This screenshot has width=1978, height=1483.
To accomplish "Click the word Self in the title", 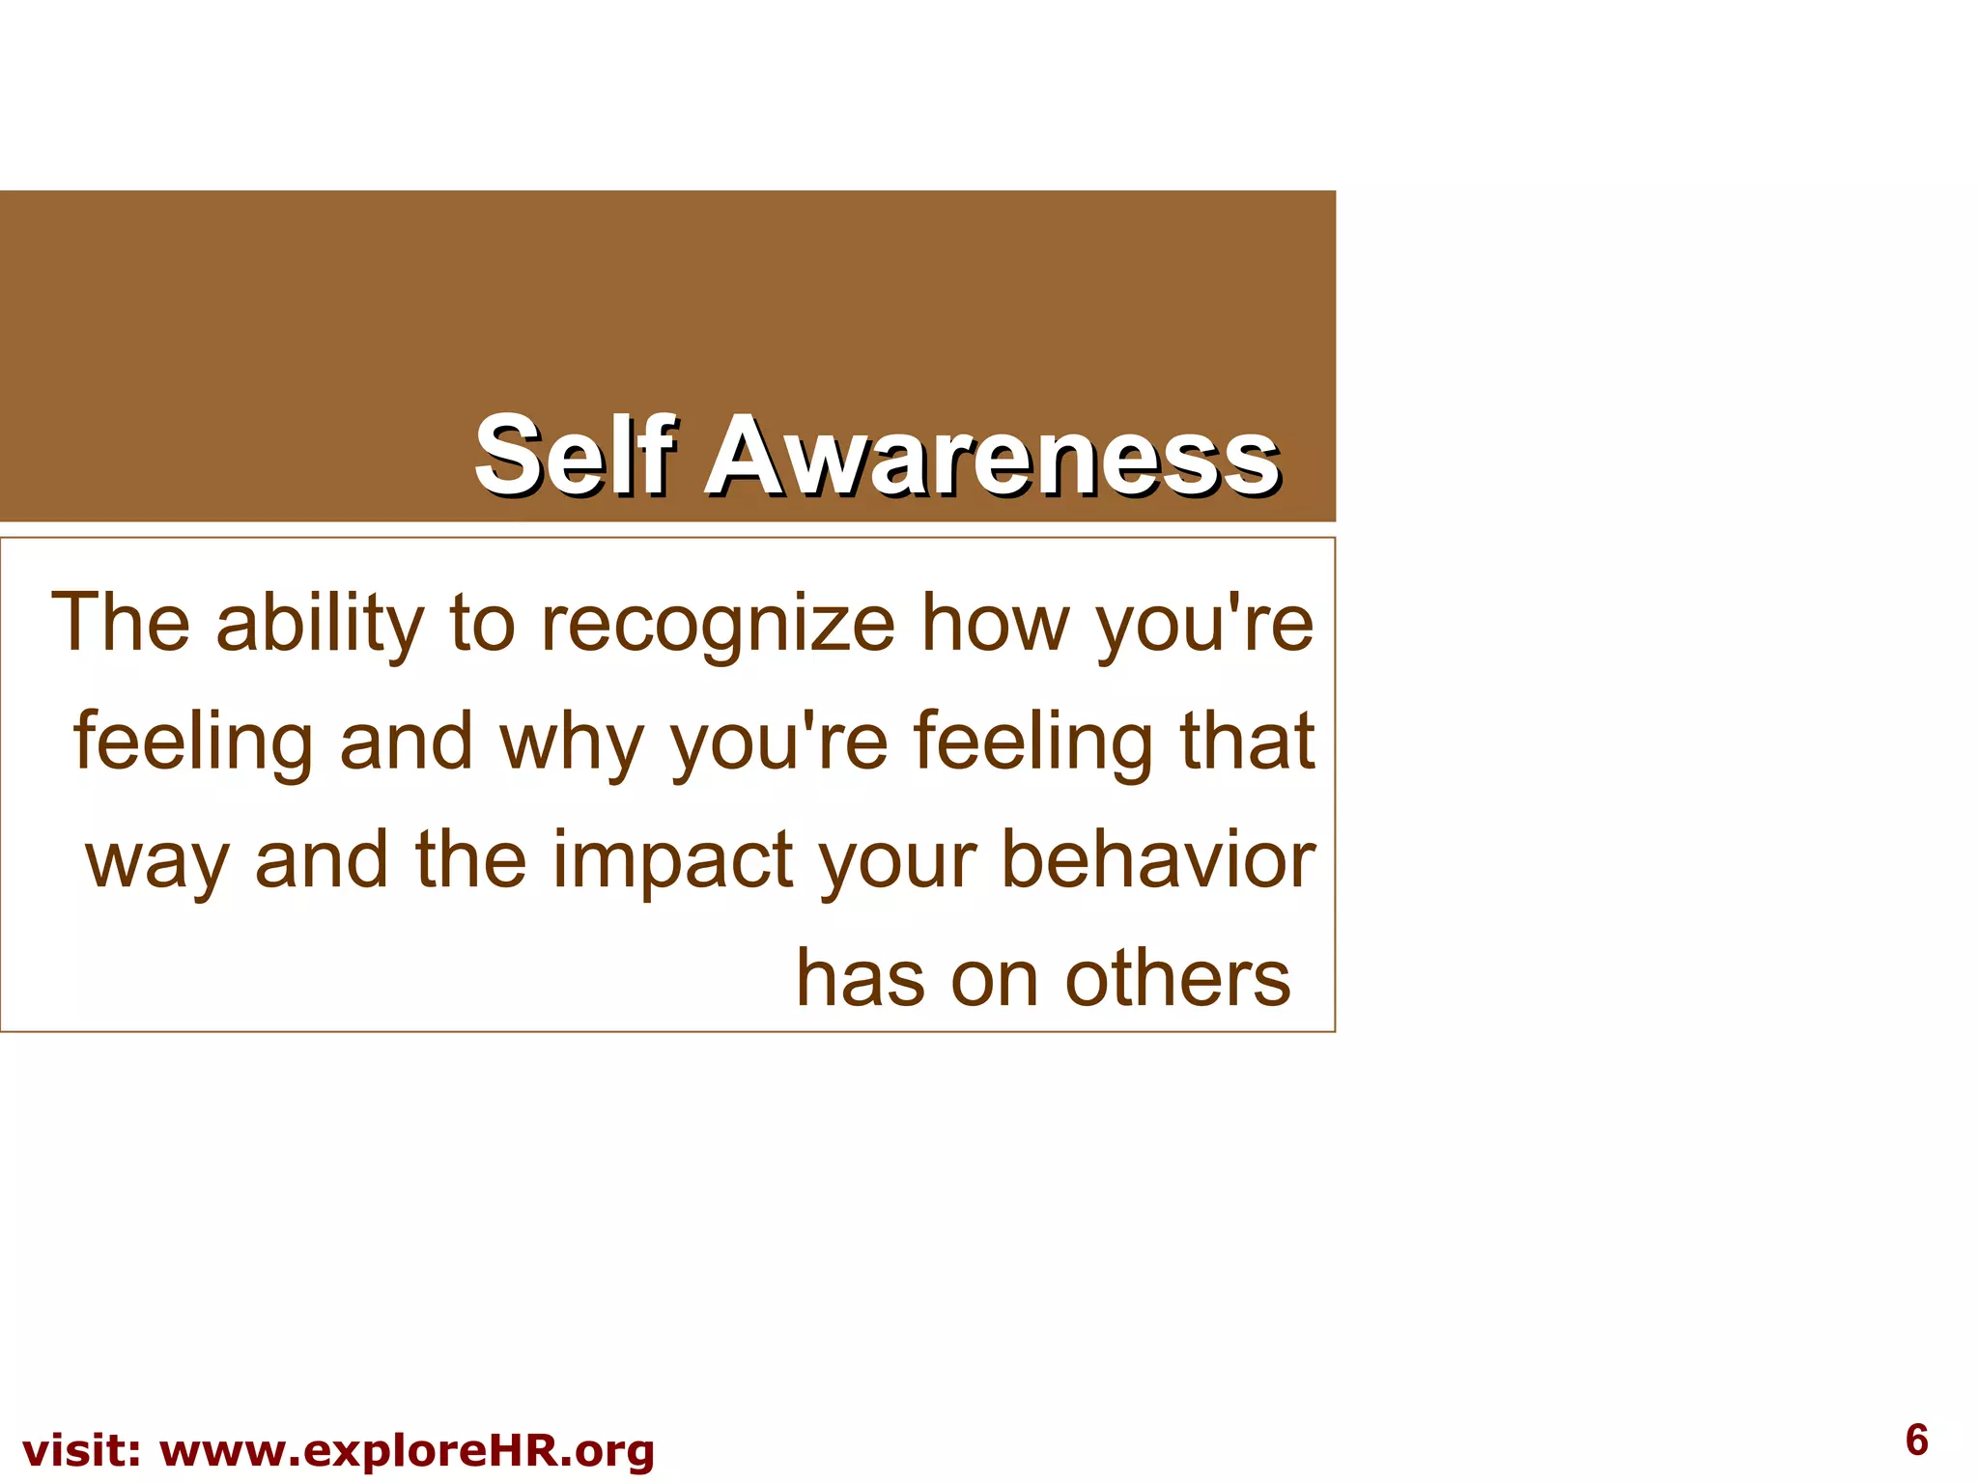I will pos(573,454).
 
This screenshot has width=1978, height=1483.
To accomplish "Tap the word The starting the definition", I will pos(120,623).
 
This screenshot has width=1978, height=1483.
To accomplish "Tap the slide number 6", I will pos(1916,1441).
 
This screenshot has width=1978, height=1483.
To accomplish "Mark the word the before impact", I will pos(471,859).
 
